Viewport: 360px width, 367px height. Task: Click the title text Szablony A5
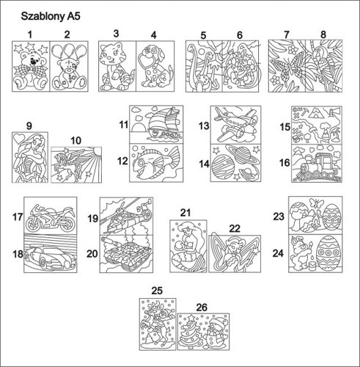coord(51,16)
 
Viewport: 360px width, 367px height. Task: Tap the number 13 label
coord(204,126)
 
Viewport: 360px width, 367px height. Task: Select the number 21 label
coord(185,213)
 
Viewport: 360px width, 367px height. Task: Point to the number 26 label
coord(202,308)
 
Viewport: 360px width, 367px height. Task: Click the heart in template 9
coord(18,139)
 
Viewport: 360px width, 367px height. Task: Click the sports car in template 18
coord(51,257)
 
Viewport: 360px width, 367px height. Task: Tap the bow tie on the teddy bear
coord(30,70)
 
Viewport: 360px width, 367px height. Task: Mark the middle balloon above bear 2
coord(69,51)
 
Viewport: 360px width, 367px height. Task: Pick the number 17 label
coord(18,217)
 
